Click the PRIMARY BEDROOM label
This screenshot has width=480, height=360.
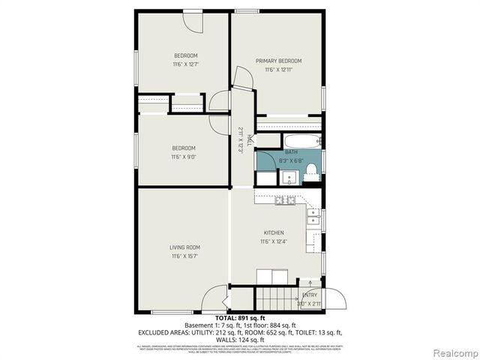click(278, 61)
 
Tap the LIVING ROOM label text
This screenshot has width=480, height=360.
click(184, 247)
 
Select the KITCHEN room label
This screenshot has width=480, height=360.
click(274, 232)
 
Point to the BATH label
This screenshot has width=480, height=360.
click(290, 152)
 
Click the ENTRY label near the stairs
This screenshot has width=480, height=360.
click(309, 295)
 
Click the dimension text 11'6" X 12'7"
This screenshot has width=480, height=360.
click(185, 64)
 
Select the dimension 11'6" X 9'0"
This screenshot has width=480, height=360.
click(184, 157)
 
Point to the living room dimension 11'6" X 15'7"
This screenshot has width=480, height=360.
click(184, 256)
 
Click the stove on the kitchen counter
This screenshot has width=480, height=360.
click(285, 199)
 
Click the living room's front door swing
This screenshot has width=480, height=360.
click(215, 298)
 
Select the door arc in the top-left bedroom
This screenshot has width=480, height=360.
click(194, 22)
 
